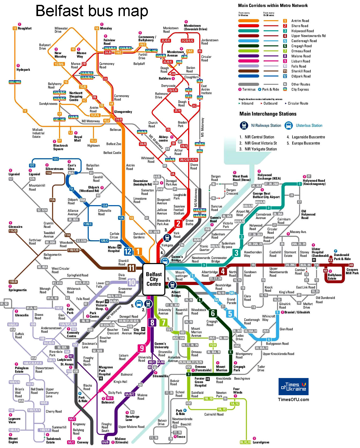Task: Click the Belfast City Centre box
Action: pyautogui.click(x=154, y=279)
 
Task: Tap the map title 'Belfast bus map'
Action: pyautogui.click(x=92, y=11)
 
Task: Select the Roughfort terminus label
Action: pyautogui.click(x=25, y=28)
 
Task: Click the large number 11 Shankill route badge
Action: pyautogui.click(x=131, y=268)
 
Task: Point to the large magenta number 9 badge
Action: pyautogui.click(x=142, y=348)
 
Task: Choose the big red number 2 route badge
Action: pyautogui.click(x=178, y=223)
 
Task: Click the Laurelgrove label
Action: pyautogui.click(x=261, y=442)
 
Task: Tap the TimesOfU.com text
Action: pyautogui.click(x=293, y=399)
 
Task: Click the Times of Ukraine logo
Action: pyautogui.click(x=293, y=386)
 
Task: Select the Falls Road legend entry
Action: pyautogui.click(x=298, y=66)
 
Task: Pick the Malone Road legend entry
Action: pyautogui.click(x=301, y=56)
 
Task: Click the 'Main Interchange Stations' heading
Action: pyautogui.click(x=268, y=114)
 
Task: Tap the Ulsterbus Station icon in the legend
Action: pyautogui.click(x=288, y=125)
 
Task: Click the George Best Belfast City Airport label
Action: pyautogui.click(x=266, y=195)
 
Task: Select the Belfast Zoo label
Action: pyautogui.click(x=114, y=144)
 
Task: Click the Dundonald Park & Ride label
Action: pyautogui.click(x=342, y=257)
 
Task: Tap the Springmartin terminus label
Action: pyautogui.click(x=18, y=290)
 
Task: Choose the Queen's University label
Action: pyautogui.click(x=161, y=345)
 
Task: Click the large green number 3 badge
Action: pyautogui.click(x=236, y=253)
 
